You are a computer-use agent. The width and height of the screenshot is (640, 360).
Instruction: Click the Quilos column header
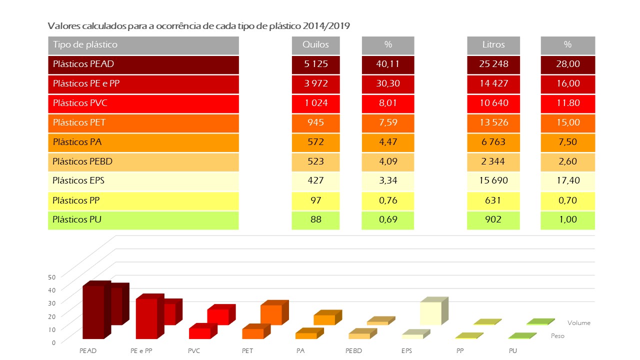coord(315,44)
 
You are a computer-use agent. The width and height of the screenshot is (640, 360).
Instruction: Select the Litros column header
coord(493,44)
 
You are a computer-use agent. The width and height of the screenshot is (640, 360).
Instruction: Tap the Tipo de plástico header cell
coord(143,44)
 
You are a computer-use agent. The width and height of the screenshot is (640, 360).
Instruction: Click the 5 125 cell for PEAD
coord(315,64)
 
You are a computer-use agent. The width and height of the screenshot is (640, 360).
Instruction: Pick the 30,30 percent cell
coord(387,83)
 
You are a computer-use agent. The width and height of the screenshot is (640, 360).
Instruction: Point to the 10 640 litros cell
coord(493,103)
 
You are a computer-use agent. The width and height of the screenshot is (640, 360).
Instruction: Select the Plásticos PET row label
coord(143,122)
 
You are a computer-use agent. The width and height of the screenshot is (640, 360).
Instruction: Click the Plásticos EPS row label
coord(143,181)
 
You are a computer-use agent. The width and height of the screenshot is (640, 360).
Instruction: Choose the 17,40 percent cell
coord(567,181)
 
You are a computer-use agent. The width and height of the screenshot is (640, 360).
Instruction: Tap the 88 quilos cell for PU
coord(315,219)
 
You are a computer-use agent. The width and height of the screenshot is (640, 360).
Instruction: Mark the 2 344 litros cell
coord(493,161)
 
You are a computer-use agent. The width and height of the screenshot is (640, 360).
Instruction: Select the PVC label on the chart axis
coord(194,351)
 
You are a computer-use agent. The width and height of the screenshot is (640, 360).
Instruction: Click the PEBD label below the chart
coord(353,351)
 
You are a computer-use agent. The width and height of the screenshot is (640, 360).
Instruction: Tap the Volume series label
coord(578,323)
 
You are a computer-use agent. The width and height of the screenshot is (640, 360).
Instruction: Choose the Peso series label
coord(557,336)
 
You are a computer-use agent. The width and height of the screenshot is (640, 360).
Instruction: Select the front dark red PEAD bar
coord(93,312)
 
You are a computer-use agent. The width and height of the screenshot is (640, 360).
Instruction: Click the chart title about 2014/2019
coord(197,25)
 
